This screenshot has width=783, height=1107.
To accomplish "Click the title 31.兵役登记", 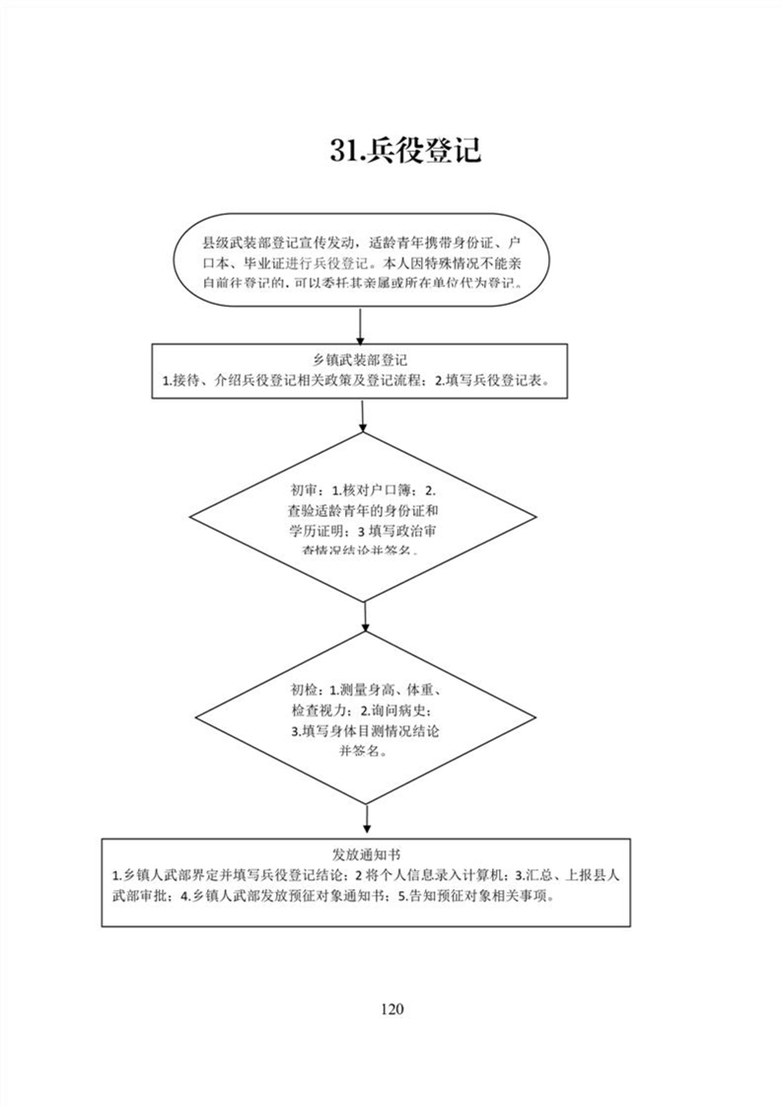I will click(x=405, y=151).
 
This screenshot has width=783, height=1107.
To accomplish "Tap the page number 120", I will click(x=391, y=1007).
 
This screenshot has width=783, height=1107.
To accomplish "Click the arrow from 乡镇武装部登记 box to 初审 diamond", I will click(x=364, y=415).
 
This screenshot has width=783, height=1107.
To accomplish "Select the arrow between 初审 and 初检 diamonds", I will click(x=365, y=618).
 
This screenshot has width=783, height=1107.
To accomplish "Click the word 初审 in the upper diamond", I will click(x=305, y=490).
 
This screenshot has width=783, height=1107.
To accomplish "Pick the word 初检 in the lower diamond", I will click(x=305, y=689).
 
